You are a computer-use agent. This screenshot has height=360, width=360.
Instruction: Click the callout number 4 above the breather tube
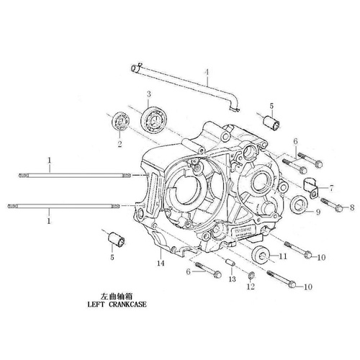point(207,72)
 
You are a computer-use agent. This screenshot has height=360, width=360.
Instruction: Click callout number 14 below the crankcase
point(161,264)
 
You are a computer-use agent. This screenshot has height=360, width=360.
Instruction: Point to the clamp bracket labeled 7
point(310,189)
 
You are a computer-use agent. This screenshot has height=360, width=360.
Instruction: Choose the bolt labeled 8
point(332,204)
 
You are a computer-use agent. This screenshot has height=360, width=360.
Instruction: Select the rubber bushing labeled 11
point(260,254)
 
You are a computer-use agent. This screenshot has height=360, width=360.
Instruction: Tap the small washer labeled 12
point(251,276)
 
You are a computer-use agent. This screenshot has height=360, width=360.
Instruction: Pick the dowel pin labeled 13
point(230,261)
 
